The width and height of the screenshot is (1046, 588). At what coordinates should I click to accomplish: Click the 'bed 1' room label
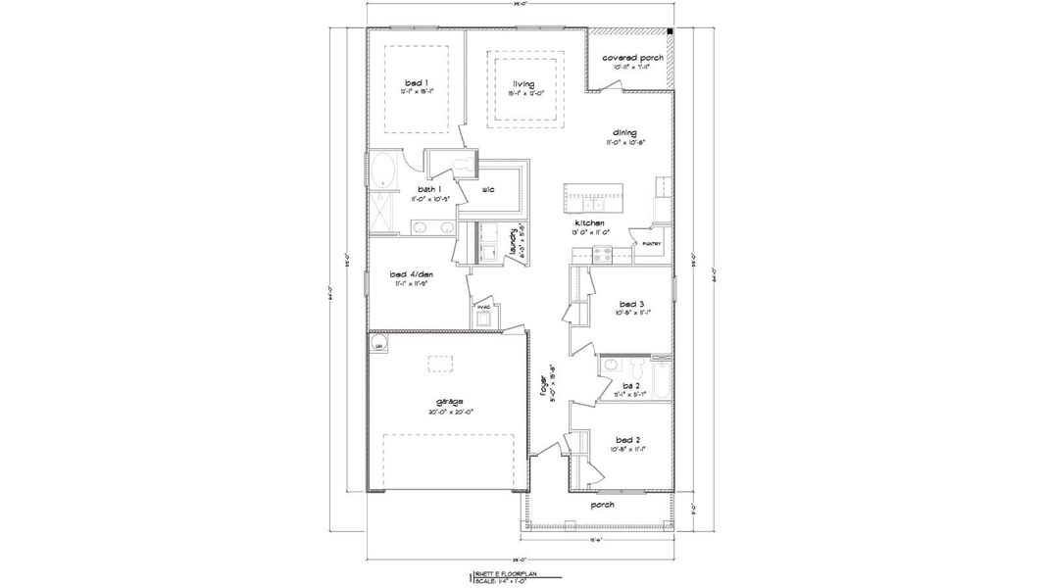(x=410, y=84)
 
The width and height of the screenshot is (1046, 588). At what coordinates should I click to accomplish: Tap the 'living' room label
(x=523, y=84)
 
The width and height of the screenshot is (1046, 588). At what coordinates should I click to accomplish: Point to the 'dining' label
(x=624, y=132)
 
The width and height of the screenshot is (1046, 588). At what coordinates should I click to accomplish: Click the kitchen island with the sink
(x=593, y=200)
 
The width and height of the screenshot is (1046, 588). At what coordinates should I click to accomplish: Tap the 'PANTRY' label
(x=651, y=243)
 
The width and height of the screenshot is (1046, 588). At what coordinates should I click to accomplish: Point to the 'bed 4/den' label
(x=410, y=274)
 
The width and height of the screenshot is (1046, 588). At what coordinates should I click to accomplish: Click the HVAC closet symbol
(x=483, y=316)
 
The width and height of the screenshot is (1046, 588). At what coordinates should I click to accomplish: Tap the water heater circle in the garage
(x=378, y=344)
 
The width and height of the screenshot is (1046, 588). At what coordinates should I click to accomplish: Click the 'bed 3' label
(x=630, y=303)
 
